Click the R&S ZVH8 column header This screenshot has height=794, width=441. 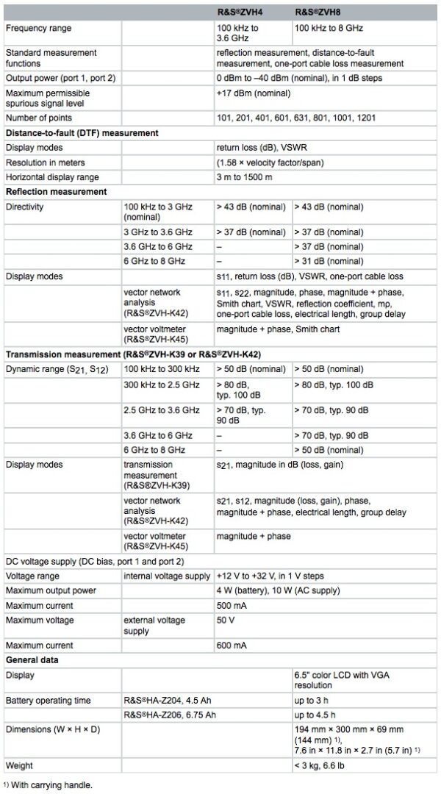[x=322, y=12]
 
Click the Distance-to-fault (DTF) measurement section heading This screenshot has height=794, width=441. [x=82, y=132]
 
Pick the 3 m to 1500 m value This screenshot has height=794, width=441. [x=248, y=177]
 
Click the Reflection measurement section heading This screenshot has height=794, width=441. [x=56, y=192]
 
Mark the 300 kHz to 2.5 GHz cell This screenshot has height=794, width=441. [x=162, y=385]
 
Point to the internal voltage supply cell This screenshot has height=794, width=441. [x=162, y=576]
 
